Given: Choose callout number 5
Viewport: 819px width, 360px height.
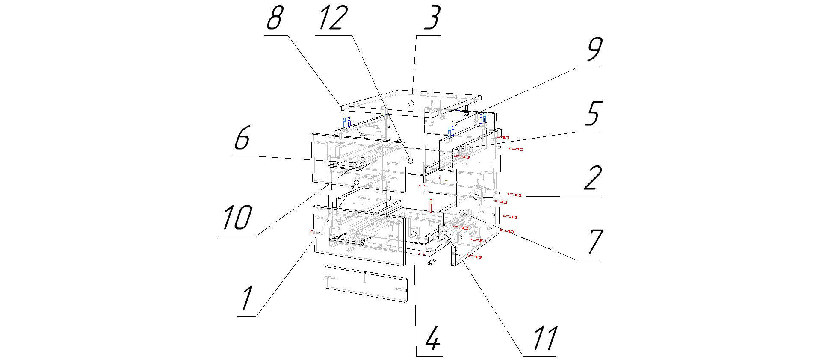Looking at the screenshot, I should [593, 114].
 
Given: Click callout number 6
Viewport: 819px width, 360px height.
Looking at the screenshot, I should [242, 139].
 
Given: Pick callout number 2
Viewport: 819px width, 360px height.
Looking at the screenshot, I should [593, 178].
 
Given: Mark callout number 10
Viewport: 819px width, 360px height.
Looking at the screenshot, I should [237, 218].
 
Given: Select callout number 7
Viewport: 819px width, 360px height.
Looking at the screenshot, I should [595, 242].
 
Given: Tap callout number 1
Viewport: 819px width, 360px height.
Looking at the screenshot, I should [247, 298].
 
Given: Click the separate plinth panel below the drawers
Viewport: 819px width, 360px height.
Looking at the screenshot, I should [366, 283].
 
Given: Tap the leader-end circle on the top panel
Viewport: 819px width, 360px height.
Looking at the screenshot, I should [411, 103].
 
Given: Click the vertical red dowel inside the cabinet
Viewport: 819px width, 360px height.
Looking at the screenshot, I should [431, 205].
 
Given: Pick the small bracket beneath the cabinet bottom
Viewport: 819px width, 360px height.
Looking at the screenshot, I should [432, 262].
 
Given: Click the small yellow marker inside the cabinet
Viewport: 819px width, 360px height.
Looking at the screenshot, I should [446, 181].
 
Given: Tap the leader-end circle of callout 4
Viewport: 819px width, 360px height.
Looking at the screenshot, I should [414, 233].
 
